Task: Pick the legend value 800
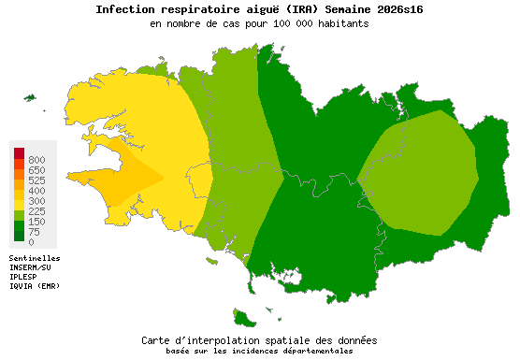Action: (x=37, y=160)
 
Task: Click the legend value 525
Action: (x=37, y=180)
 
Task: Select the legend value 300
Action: (x=37, y=201)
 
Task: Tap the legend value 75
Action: (x=35, y=232)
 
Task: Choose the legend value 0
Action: (x=32, y=242)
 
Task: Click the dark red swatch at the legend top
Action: (x=20, y=153)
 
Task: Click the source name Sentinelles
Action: (x=35, y=257)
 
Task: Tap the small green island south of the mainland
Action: (x=246, y=318)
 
